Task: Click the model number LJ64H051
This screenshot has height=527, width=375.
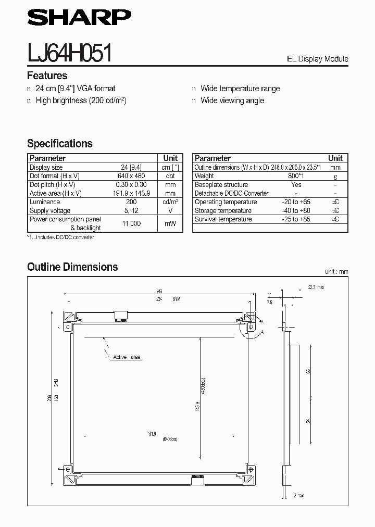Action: (69, 53)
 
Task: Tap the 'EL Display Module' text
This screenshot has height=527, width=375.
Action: (317, 59)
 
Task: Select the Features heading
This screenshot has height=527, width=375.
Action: (47, 76)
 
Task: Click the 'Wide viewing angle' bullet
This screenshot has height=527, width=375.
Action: (232, 101)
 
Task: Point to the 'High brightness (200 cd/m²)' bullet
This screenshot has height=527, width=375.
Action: (81, 101)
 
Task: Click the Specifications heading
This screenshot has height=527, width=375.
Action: (59, 143)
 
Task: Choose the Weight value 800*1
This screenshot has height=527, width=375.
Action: (296, 176)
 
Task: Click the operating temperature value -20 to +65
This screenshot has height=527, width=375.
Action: (296, 202)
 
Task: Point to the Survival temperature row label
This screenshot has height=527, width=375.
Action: (223, 219)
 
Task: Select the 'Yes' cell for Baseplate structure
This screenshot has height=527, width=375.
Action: (296, 184)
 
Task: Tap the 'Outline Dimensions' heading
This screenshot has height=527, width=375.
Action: (72, 267)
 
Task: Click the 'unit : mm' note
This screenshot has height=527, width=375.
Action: (336, 272)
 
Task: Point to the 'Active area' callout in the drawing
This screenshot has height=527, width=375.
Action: (127, 357)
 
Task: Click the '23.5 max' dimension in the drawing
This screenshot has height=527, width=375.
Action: (316, 287)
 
